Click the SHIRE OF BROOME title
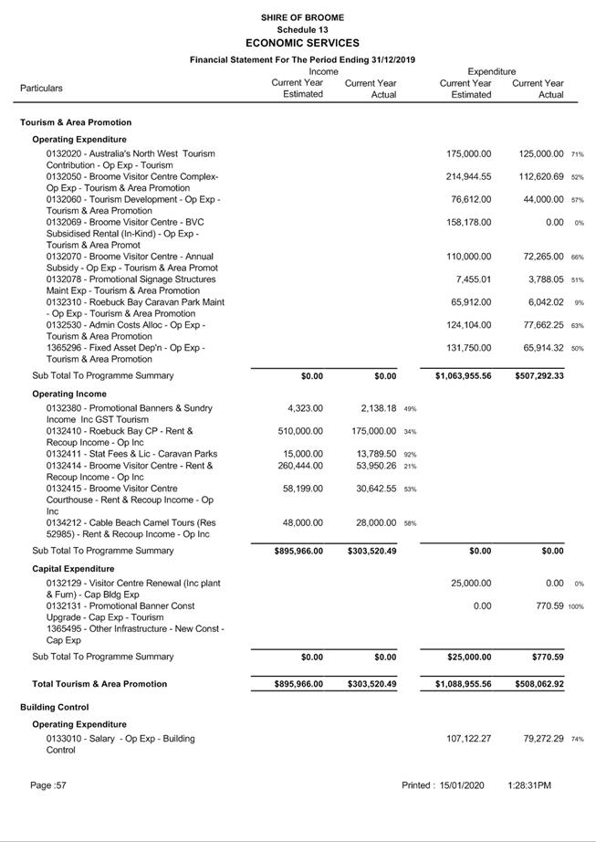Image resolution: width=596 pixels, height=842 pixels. click(x=302, y=17)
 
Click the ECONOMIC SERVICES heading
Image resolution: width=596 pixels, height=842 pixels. click(x=302, y=43)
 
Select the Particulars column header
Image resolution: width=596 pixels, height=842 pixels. click(x=42, y=89)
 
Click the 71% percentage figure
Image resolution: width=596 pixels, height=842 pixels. click(x=578, y=154)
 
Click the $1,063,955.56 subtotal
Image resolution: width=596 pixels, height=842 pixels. click(x=464, y=375)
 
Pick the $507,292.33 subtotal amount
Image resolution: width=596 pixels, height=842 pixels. click(x=539, y=375)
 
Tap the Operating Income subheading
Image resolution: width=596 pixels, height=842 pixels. click(x=69, y=393)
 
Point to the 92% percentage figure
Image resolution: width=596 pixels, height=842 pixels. click(x=411, y=455)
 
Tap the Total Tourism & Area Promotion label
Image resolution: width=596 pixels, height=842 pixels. click(x=99, y=684)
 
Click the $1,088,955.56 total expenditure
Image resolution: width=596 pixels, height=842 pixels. click(x=464, y=684)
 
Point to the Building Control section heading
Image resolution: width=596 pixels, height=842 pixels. click(x=55, y=707)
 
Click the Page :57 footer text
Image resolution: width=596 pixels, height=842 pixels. click(x=48, y=785)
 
